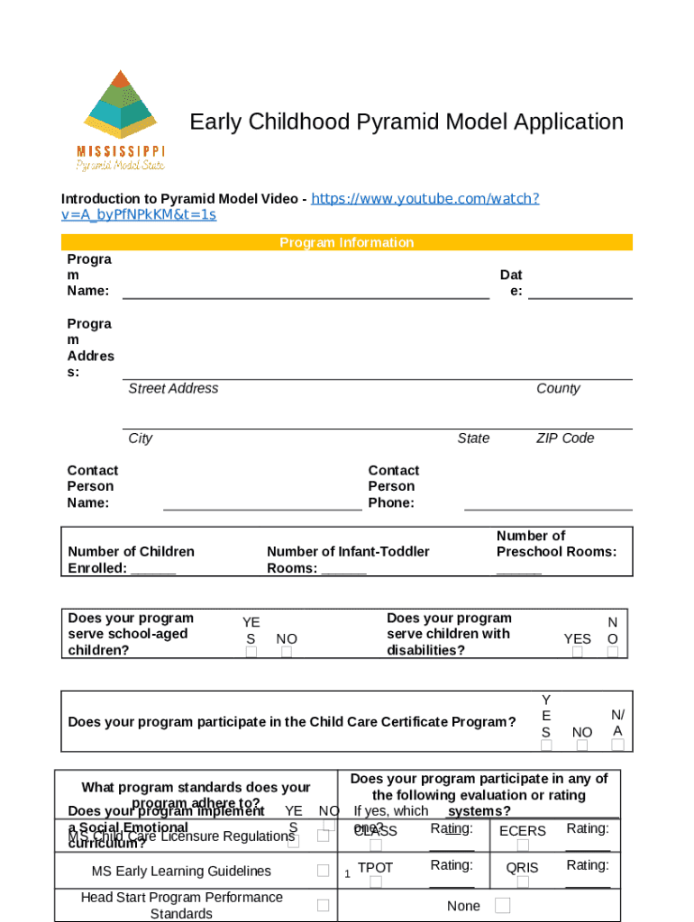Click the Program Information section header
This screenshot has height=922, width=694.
[x=346, y=242]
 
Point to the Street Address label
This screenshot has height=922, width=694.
[x=173, y=388]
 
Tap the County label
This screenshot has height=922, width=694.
[x=558, y=388]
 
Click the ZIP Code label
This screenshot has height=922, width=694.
[x=565, y=438]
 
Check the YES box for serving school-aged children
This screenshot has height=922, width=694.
[x=251, y=652]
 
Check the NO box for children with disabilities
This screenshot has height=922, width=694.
[x=613, y=652]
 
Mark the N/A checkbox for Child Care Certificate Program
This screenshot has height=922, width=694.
[x=617, y=745]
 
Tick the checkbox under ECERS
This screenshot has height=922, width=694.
[x=523, y=845]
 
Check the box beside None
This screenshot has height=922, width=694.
[x=502, y=905]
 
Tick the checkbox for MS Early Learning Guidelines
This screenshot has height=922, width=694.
[x=323, y=871]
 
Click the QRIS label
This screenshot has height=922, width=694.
[x=522, y=867]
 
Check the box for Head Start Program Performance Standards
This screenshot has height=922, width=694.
[x=323, y=905]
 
